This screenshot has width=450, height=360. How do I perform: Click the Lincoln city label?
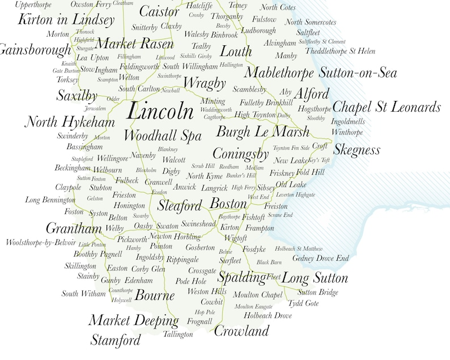161,111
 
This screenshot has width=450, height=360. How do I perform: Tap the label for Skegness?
356,150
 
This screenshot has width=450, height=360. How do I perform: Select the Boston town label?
228,204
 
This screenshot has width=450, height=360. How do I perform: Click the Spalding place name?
241,278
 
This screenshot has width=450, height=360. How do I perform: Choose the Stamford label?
115,340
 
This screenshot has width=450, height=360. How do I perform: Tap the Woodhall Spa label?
162,136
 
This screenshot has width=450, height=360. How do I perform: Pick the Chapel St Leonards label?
386,107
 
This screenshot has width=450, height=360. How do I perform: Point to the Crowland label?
241,331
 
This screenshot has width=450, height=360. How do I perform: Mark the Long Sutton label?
315,278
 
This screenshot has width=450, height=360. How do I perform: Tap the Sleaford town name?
180,205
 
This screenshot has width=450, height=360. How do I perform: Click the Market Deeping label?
133,320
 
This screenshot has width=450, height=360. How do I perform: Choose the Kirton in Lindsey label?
66,19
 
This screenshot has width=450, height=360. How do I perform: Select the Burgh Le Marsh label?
264,132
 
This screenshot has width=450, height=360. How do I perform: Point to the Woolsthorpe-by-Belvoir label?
40,243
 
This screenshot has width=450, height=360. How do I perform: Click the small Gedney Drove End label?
320,259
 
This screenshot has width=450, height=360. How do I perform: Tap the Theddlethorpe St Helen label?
340,51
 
